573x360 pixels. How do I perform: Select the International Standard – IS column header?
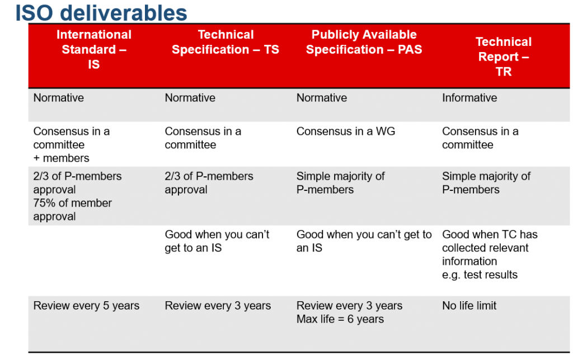click(x=94, y=49)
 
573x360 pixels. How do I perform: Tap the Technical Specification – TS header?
click(x=226, y=42)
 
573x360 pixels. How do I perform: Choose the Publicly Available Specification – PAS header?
click(x=364, y=42)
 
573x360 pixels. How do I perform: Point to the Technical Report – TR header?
click(x=504, y=57)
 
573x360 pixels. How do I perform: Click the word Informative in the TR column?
click(x=469, y=98)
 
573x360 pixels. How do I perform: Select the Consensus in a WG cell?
click(x=346, y=131)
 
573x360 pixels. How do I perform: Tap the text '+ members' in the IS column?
click(x=62, y=158)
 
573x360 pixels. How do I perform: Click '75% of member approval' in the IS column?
click(x=73, y=210)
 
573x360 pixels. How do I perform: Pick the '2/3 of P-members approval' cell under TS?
click(x=209, y=183)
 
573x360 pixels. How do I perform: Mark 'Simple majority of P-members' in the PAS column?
click(x=341, y=183)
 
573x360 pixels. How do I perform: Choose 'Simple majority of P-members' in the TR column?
click(x=486, y=183)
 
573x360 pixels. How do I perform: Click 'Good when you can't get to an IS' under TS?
click(x=217, y=241)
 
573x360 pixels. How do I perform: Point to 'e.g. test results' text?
click(x=480, y=275)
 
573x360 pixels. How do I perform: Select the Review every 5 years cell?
click(x=86, y=306)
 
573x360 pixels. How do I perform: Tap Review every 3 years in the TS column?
click(x=218, y=306)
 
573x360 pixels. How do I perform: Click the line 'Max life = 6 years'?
click(x=340, y=319)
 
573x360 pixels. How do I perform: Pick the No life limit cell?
click(x=469, y=306)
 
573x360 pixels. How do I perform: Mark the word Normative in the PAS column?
click(x=322, y=98)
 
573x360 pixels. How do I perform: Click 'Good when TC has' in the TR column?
click(x=490, y=234)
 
